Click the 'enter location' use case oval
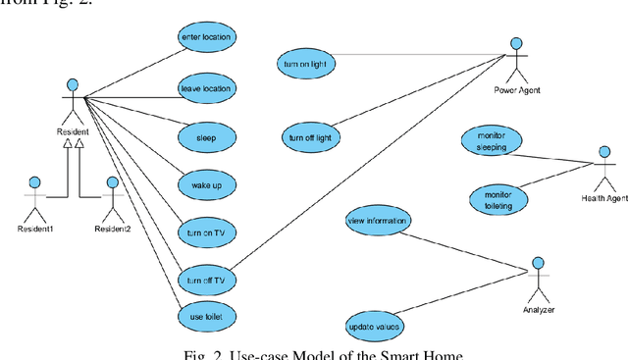pyautogui.click(x=207, y=37)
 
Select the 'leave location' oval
pyautogui.click(x=207, y=89)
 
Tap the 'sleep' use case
pyautogui.click(x=207, y=135)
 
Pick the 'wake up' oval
pyautogui.click(x=207, y=183)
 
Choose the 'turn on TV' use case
pyautogui.click(x=207, y=232)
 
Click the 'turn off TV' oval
pyautogui.click(x=207, y=281)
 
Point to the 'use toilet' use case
pyautogui.click(x=207, y=317)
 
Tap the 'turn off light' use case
pyautogui.click(x=309, y=136)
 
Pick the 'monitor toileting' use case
pyautogui.click(x=497, y=198)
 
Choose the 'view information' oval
pyautogui.click(x=378, y=221)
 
